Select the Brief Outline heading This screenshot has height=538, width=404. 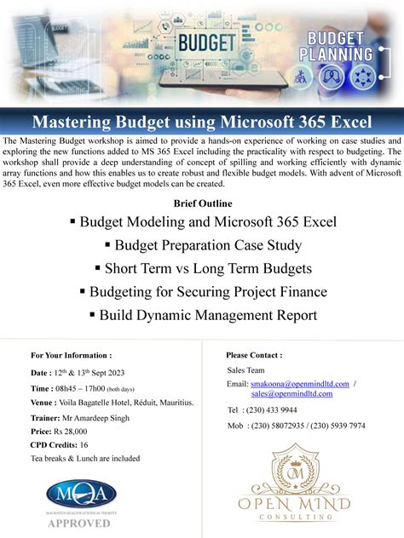[x=202, y=203]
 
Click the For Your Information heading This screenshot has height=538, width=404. [x=71, y=355]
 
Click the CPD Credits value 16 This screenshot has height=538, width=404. [x=84, y=445]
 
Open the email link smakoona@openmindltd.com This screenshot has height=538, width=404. [x=300, y=384]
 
